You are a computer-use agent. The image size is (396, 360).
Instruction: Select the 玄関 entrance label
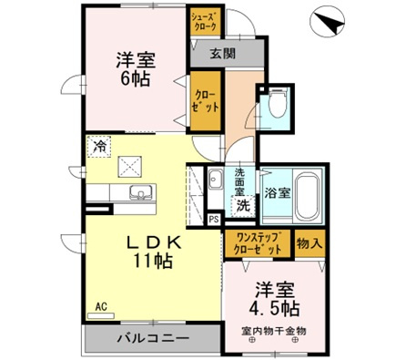(x=222, y=54)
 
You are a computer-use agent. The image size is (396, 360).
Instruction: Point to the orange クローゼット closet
(x=204, y=102)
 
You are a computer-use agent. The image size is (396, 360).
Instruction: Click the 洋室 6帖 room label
(x=135, y=71)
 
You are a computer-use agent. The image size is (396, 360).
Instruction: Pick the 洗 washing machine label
(x=243, y=206)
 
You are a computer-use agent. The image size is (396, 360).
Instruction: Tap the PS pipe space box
(x=213, y=220)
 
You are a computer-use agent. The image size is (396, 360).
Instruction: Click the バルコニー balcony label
(x=153, y=341)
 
